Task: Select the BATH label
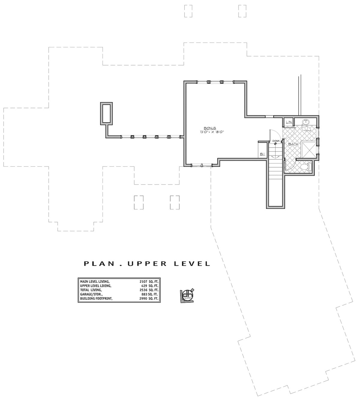[293, 144]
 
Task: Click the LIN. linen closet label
[289, 122]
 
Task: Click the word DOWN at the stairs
[276, 141]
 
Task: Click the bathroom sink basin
[306, 122]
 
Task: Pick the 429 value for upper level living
[145, 286]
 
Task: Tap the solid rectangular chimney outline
[106, 113]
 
